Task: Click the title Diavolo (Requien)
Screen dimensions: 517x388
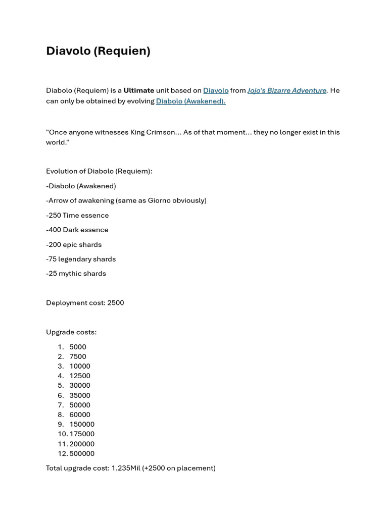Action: tap(98, 51)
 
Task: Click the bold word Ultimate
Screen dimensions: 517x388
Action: tap(139, 90)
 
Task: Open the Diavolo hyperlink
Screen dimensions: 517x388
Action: tap(216, 90)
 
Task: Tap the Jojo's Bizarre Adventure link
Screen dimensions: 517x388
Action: tap(286, 90)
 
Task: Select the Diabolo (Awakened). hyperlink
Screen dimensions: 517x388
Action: tap(190, 101)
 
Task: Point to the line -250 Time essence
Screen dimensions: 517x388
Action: tap(77, 215)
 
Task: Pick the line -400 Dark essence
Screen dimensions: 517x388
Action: tap(77, 230)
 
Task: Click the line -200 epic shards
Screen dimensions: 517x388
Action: tap(74, 244)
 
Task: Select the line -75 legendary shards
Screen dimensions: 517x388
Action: tap(81, 259)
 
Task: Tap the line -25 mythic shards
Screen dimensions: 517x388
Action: tap(76, 274)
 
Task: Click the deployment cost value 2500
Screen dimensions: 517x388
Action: tap(116, 303)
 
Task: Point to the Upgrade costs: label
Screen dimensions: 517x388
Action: tap(71, 332)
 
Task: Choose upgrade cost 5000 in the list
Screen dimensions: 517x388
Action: tap(78, 347)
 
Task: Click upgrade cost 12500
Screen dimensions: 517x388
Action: tap(80, 376)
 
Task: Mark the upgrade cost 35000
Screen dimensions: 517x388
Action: tap(80, 395)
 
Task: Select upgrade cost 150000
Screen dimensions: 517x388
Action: tap(82, 424)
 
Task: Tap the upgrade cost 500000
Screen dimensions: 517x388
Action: tap(82, 453)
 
